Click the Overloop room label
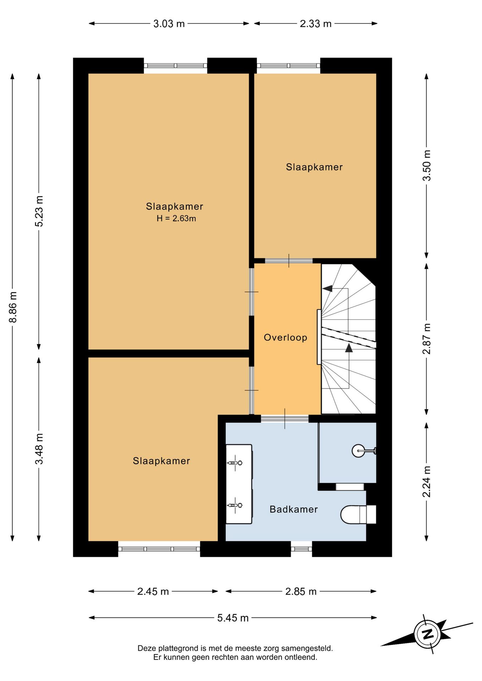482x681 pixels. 285,337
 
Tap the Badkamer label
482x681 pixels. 294,509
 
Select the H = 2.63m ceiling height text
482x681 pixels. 176,218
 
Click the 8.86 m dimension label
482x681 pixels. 13,307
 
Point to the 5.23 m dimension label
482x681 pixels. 39,211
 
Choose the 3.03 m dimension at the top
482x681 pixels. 169,24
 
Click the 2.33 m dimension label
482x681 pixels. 316,24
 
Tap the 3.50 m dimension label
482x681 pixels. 427,166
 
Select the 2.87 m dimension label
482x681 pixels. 427,339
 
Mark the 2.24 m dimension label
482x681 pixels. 427,482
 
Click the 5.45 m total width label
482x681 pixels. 233,618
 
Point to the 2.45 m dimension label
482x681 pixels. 153,591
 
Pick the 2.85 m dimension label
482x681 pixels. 301,591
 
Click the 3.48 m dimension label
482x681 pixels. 39,449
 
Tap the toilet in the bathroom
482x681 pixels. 358,514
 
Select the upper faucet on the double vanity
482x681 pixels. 235,463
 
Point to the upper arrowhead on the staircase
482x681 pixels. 328,288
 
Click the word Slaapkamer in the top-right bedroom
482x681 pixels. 314,167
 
